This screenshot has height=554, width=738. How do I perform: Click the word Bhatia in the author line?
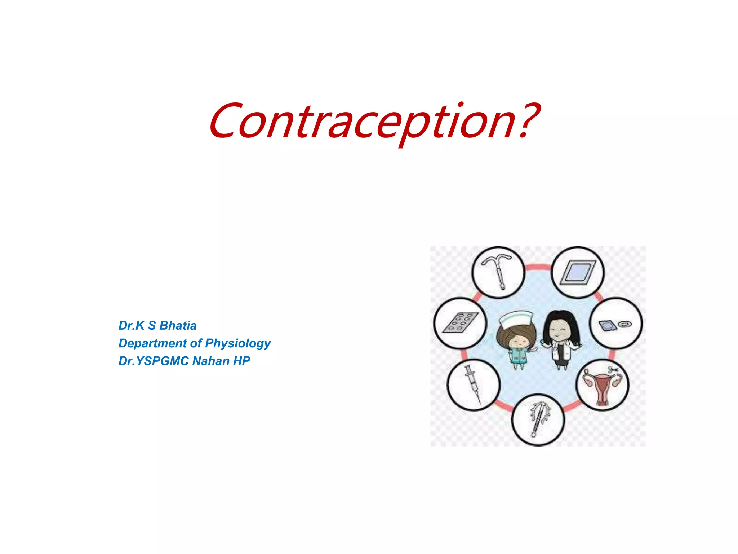coord(178,326)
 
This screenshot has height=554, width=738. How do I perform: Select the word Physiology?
coord(237,344)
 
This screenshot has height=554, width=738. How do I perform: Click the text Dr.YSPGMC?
coord(154,361)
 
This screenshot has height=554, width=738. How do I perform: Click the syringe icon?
coord(472,384)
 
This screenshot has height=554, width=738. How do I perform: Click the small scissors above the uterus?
coord(613,369)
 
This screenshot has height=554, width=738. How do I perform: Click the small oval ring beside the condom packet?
coord(624,324)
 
